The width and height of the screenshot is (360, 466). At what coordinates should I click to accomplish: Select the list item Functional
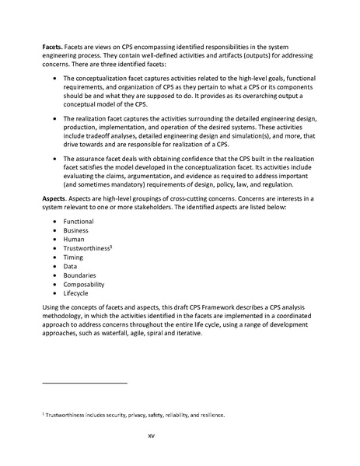79,222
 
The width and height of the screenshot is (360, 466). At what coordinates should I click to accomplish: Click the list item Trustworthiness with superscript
89,252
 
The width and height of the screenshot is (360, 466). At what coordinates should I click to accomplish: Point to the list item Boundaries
80,283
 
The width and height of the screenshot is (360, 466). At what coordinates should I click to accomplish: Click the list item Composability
84,294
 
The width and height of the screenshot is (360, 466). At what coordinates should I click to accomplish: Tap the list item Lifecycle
78,304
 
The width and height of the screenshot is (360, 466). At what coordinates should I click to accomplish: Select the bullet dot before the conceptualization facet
52,79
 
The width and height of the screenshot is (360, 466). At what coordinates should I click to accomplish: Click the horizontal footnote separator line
84,383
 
